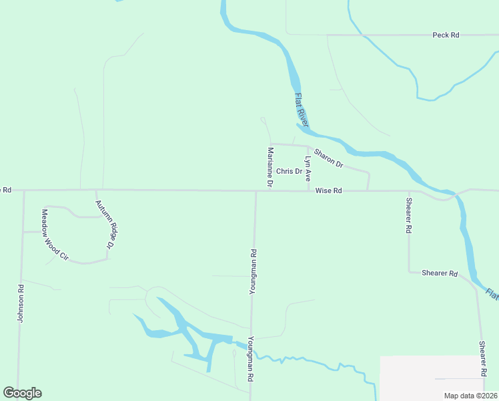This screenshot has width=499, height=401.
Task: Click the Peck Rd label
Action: click(446, 35)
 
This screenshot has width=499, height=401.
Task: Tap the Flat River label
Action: click(301, 110)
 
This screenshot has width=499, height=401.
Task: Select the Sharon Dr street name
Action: click(328, 158)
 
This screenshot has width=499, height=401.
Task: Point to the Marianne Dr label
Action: click(270, 166)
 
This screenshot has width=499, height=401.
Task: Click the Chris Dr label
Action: click(290, 171)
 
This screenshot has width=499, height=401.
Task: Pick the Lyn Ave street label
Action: click(308, 169)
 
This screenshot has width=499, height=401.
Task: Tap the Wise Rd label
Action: click(328, 190)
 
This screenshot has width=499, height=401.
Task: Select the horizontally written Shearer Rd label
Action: click(439, 273)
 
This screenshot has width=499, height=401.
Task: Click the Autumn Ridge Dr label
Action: click(105, 225)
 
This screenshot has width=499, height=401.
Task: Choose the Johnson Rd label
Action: click(21, 304)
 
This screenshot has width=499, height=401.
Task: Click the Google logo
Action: click(22, 393)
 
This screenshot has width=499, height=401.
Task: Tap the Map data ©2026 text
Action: click(471, 396)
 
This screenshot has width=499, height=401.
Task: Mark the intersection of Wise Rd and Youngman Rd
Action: click(256, 190)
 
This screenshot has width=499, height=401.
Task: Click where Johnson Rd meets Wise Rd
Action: click(24, 190)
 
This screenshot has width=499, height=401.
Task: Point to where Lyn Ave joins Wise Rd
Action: click(308, 190)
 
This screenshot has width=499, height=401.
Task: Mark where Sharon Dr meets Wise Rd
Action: click(368, 190)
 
